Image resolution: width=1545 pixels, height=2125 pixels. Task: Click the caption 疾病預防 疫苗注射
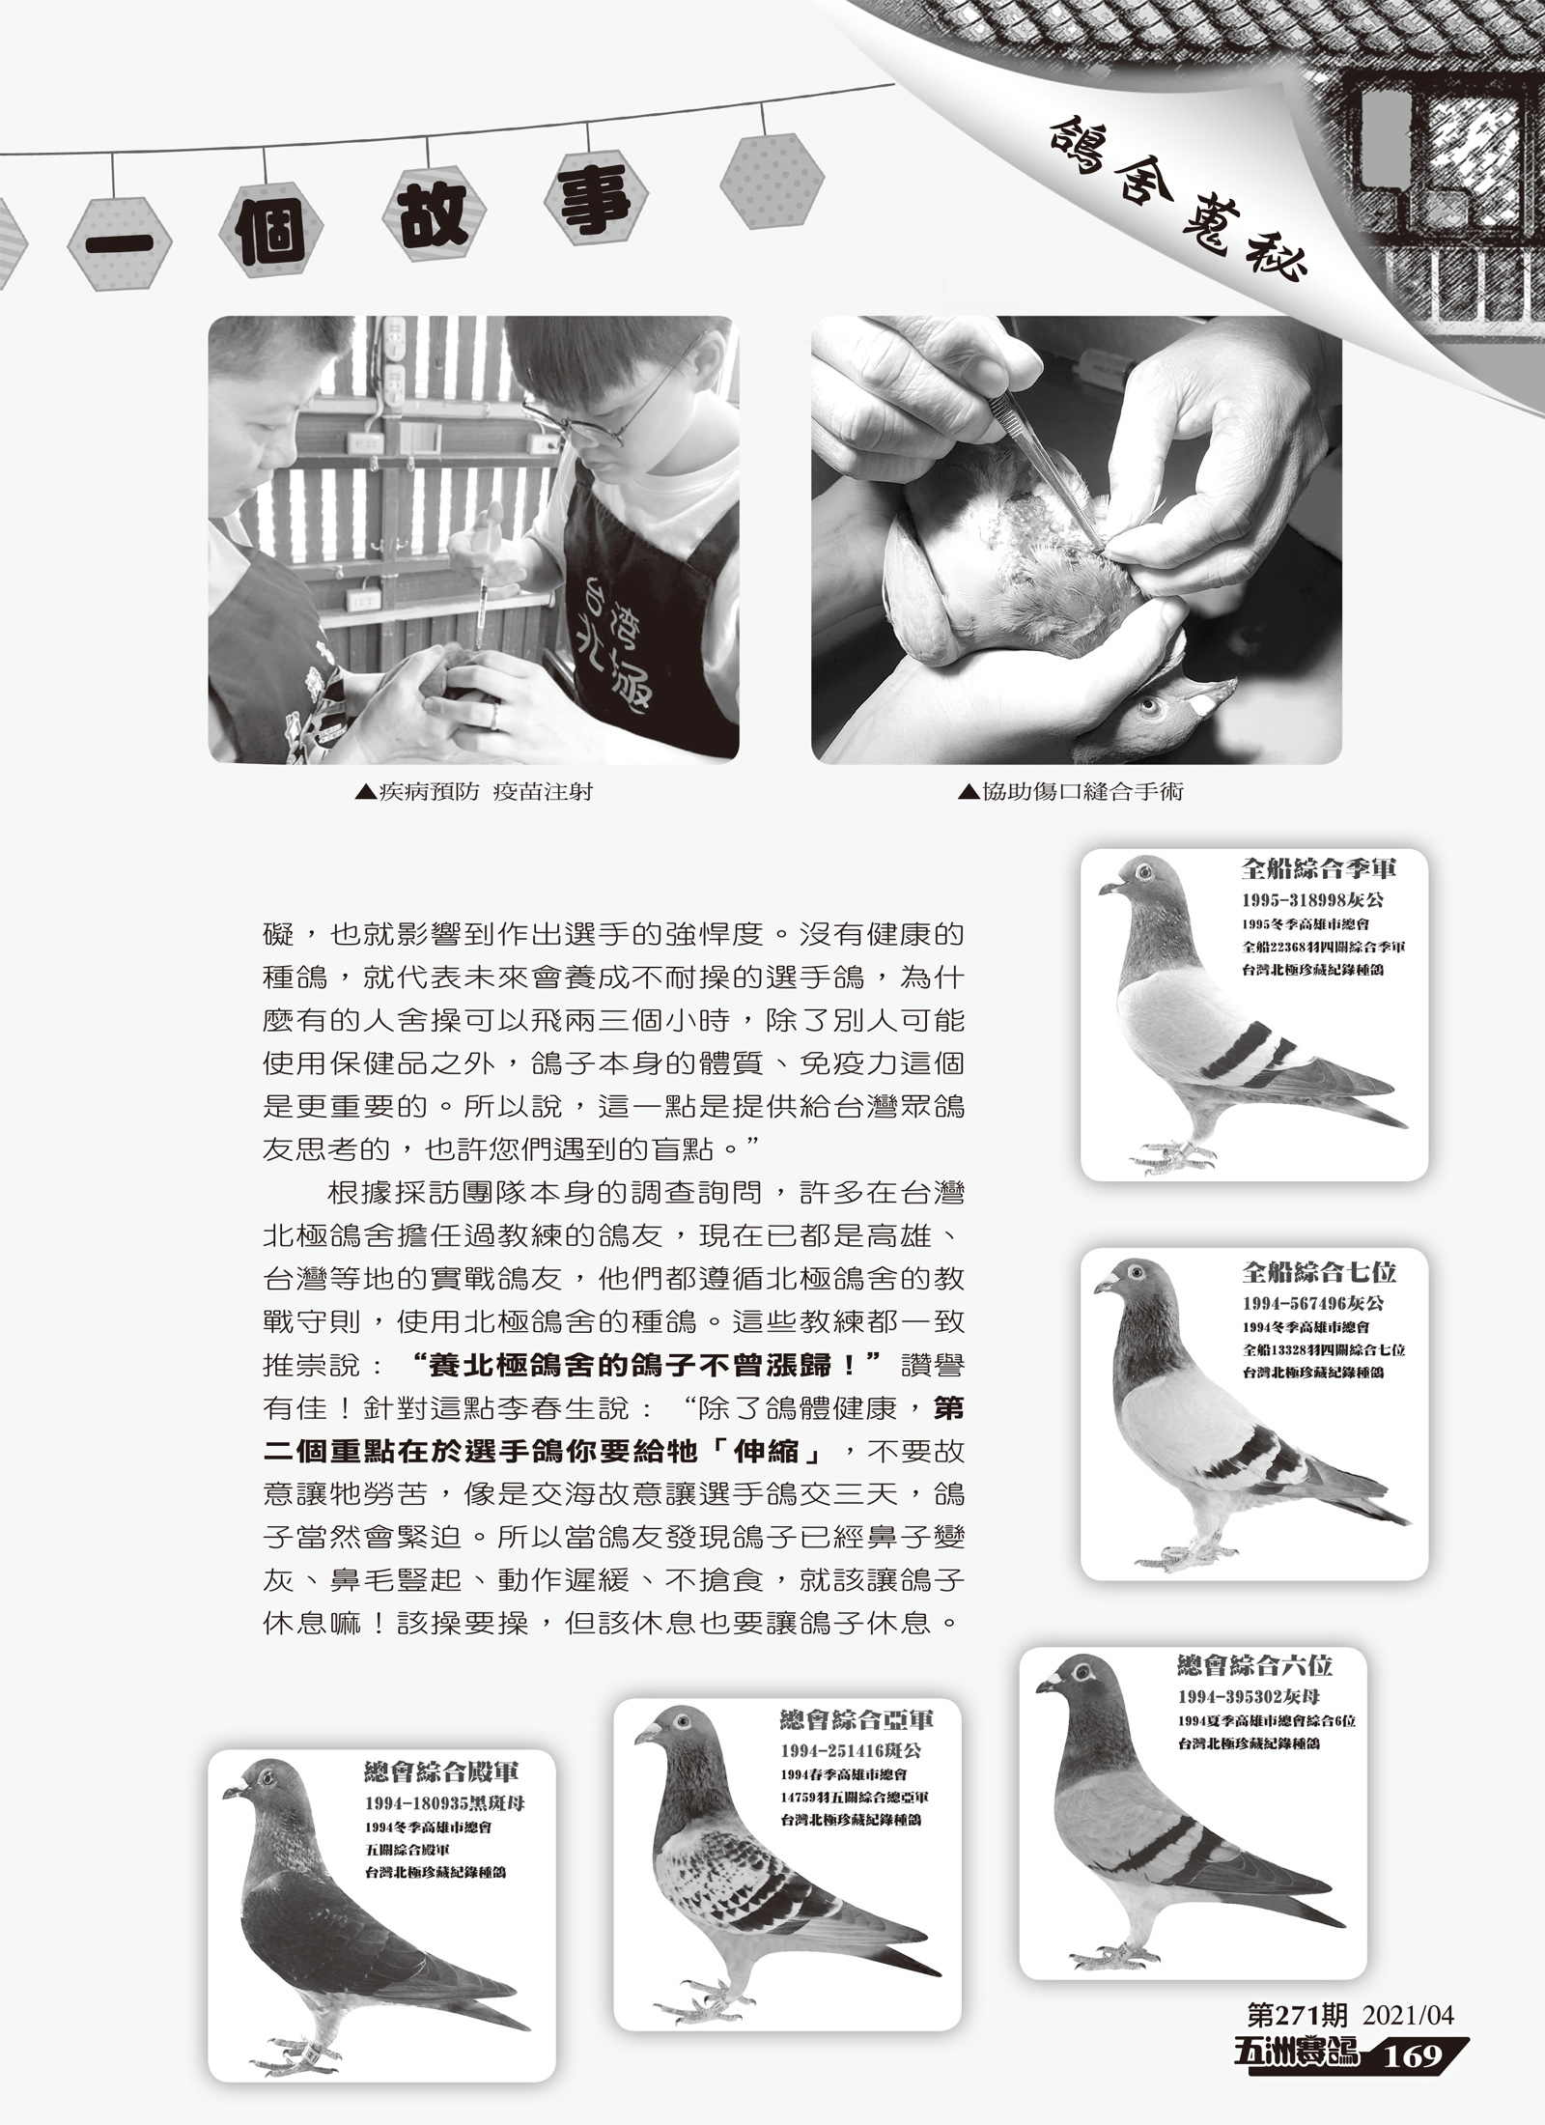474,793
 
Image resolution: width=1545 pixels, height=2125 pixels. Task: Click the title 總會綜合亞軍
857,1719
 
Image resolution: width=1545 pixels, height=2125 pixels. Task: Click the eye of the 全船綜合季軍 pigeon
1145,872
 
